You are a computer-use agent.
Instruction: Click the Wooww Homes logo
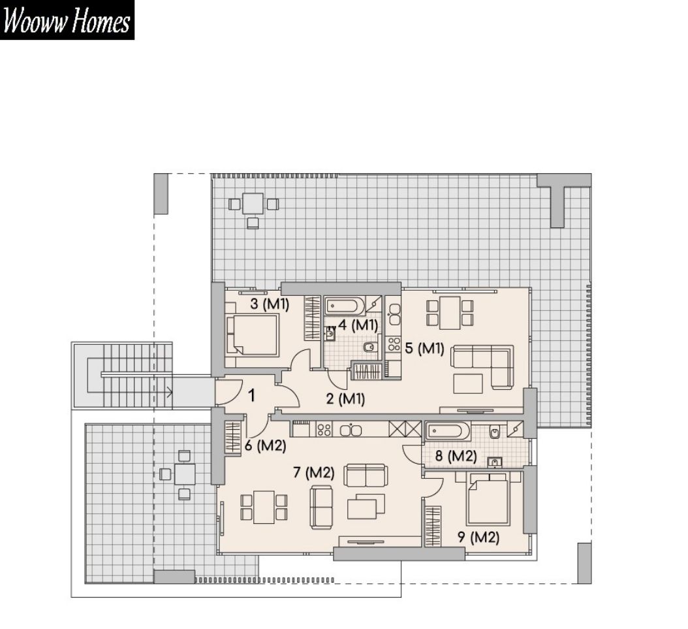click(67, 20)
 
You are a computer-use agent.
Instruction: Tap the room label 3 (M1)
click(270, 304)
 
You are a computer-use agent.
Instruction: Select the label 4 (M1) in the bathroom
click(358, 325)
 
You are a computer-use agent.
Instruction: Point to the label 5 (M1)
click(424, 349)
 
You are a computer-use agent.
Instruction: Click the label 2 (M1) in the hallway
click(346, 398)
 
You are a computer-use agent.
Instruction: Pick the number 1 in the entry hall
click(251, 396)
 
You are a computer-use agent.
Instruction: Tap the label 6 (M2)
click(266, 446)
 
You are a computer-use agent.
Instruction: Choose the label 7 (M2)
click(314, 473)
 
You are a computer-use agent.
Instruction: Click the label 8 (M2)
click(456, 456)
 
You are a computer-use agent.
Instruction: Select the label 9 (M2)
click(478, 537)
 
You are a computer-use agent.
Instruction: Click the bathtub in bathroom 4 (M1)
click(345, 306)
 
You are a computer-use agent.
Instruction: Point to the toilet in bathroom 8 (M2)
click(495, 432)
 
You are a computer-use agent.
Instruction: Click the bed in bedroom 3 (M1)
click(253, 335)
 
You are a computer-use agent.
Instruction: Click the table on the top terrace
click(253, 203)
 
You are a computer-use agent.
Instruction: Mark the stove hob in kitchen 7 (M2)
click(324, 429)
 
